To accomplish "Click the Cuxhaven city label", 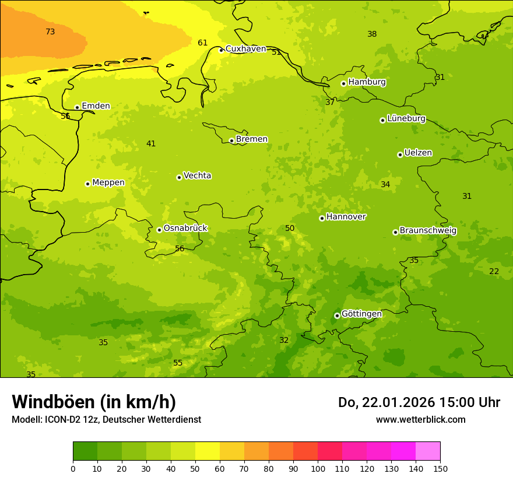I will tap(245, 49).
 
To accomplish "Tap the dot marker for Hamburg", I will tap(343, 83).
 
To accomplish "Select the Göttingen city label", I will tap(361, 314).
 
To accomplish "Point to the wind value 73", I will tap(50, 31).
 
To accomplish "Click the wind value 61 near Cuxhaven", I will tap(202, 43).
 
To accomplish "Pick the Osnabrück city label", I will tap(185, 228).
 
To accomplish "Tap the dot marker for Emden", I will tap(77, 107).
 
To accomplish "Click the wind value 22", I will tap(494, 271).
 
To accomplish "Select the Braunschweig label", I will tap(428, 231).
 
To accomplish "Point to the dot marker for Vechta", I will tap(179, 177).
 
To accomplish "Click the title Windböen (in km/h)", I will tap(94, 402).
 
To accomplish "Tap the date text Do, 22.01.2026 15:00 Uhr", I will tap(419, 402).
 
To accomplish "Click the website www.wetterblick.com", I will tap(420, 420).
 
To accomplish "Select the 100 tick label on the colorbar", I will tap(318, 468).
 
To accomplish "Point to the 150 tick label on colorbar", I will tap(440, 468).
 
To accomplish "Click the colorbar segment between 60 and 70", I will tap(232, 451).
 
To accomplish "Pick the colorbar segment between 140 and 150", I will tap(428, 451).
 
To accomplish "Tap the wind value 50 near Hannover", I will tap(290, 228).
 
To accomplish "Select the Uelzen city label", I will tap(418, 153).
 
